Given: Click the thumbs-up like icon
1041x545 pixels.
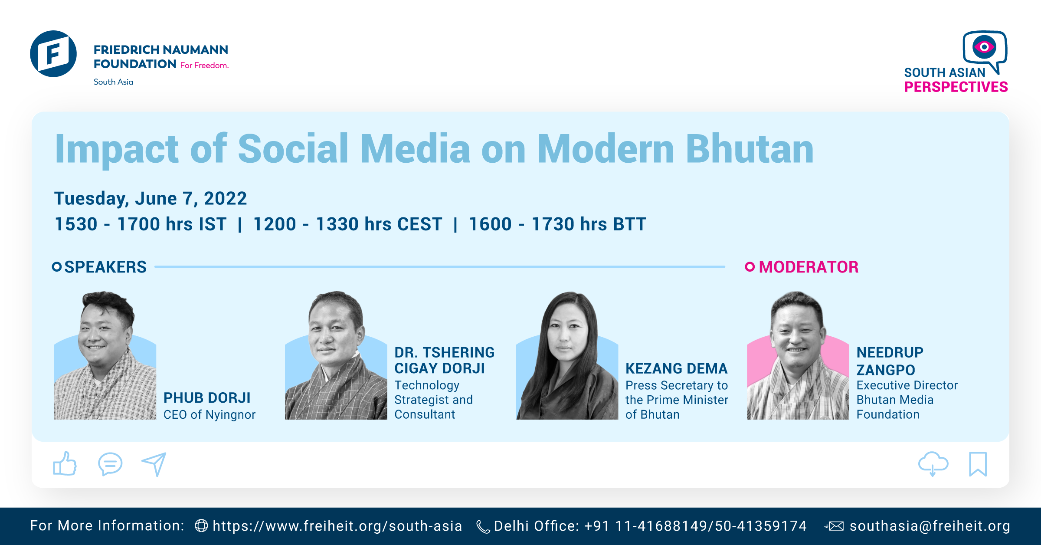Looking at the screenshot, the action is pos(65,464).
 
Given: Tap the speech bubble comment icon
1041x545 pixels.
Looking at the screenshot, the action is pos(110,464).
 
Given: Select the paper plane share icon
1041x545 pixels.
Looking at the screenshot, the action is pos(154,464).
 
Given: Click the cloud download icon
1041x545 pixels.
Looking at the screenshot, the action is pos(933,463).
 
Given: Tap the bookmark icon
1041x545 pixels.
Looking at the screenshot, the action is pos(978,464).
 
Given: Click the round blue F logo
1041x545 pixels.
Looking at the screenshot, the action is pos(53,54).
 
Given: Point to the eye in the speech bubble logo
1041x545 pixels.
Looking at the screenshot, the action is pos(984,47).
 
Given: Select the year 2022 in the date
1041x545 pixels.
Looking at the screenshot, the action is pos(225,198).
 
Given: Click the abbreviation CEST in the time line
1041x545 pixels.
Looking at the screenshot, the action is pos(419,224).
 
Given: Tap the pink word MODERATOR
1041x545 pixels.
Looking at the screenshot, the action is pos(809,267).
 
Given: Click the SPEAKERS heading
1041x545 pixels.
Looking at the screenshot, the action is pos(105,267).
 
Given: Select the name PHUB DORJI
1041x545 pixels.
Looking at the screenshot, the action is pos(207,397).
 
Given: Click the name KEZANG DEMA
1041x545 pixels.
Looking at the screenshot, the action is pos(676,368).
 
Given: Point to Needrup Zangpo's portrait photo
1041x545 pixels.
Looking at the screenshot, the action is pos(798,355).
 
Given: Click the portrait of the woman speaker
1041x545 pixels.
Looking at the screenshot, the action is pos(567,355).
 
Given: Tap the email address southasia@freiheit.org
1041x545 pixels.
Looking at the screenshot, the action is pos(930,526).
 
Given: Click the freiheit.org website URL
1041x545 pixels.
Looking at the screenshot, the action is pos(337,526).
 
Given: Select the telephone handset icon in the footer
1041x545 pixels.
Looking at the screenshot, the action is pos(483,527).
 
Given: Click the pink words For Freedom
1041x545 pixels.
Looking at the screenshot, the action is pos(204,66).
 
